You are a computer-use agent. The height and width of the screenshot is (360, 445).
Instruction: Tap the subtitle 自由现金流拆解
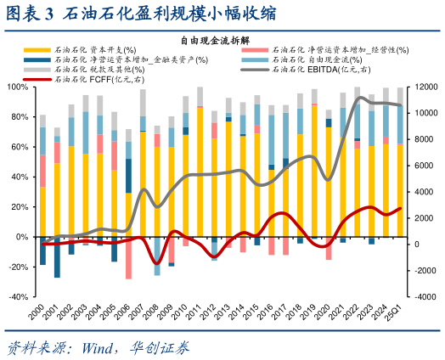tap(222, 40)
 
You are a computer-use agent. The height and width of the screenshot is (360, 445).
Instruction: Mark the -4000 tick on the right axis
tap(422, 298)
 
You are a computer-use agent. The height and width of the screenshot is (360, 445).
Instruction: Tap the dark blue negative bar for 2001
tap(57, 257)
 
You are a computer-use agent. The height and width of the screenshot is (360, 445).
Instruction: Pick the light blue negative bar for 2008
tap(157, 256)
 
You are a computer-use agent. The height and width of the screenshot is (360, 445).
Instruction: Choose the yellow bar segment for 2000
tap(42, 212)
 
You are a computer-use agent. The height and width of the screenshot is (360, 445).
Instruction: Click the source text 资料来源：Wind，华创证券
tap(98, 347)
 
